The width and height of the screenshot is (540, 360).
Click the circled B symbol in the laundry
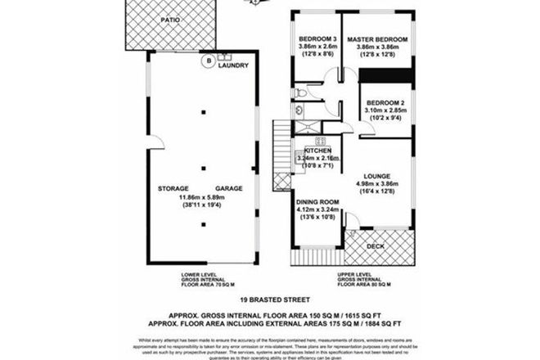[x=209, y=61]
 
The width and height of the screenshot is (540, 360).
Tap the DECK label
[x=375, y=246]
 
